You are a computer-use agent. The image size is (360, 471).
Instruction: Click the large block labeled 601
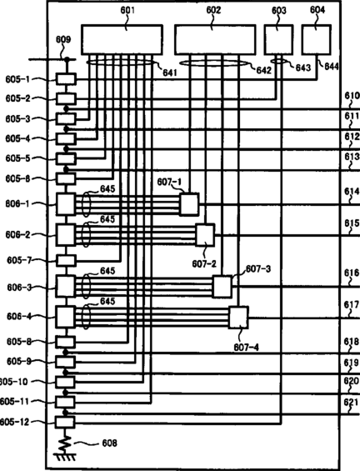coord(122,40)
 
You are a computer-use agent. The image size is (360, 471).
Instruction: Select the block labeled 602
coord(215,40)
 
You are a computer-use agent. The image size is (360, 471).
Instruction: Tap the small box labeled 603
coord(278,40)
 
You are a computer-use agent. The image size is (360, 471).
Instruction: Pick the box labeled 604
coord(316,40)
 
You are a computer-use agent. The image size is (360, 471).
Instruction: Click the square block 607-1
coord(189,204)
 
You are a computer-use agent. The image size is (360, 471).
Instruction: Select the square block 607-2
coord(205,235)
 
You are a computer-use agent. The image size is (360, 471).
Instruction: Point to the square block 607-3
coord(222,287)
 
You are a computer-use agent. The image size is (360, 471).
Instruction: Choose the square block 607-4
coord(238,318)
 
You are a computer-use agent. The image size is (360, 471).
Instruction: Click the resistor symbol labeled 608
coord(65,443)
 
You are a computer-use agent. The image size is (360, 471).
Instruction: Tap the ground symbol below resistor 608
coord(65,457)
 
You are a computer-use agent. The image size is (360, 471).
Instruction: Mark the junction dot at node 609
coord(67,59)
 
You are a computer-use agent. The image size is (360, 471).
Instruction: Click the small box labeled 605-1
coord(67,79)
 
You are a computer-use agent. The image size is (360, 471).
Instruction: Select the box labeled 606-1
coord(66,204)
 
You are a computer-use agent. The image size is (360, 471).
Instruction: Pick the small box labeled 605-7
coord(67,260)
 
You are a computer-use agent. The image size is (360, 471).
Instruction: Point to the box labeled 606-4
coord(66,317)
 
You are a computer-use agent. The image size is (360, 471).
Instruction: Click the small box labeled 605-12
coord(64,422)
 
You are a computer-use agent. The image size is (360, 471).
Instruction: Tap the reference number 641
coord(170,73)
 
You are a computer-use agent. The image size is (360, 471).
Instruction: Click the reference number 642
coord(264,70)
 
